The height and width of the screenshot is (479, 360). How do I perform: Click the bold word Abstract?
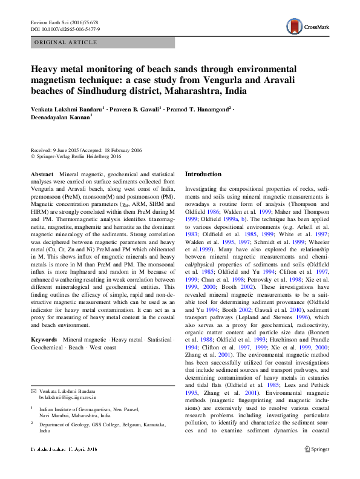point(42,174)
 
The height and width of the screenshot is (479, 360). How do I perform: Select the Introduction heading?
point(203,174)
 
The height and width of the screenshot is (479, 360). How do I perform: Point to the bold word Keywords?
point(44,340)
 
